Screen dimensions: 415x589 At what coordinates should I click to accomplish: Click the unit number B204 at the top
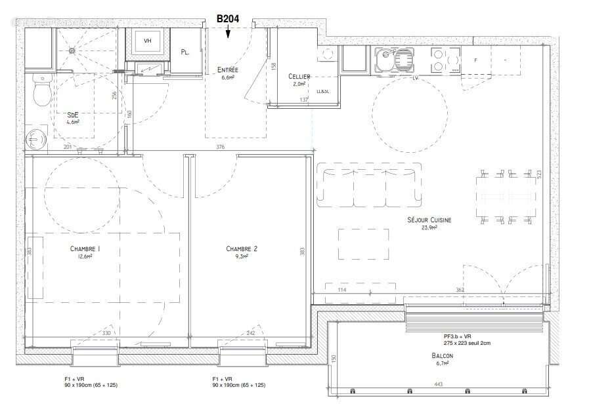click(229, 20)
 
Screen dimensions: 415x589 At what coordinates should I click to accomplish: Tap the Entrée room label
click(228, 70)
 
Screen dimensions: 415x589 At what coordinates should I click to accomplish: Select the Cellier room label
click(299, 77)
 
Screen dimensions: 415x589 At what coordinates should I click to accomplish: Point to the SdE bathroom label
click(72, 115)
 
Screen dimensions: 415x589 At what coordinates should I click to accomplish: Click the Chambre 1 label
click(85, 249)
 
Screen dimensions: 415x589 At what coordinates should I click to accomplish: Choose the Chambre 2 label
click(242, 249)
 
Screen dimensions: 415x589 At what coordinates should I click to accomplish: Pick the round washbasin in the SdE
click(34, 139)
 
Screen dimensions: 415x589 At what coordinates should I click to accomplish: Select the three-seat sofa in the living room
click(368, 186)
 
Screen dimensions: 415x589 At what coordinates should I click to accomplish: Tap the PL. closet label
click(185, 52)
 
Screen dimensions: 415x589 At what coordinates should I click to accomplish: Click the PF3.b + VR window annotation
click(466, 336)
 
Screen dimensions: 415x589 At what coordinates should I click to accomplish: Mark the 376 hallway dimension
click(220, 147)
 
